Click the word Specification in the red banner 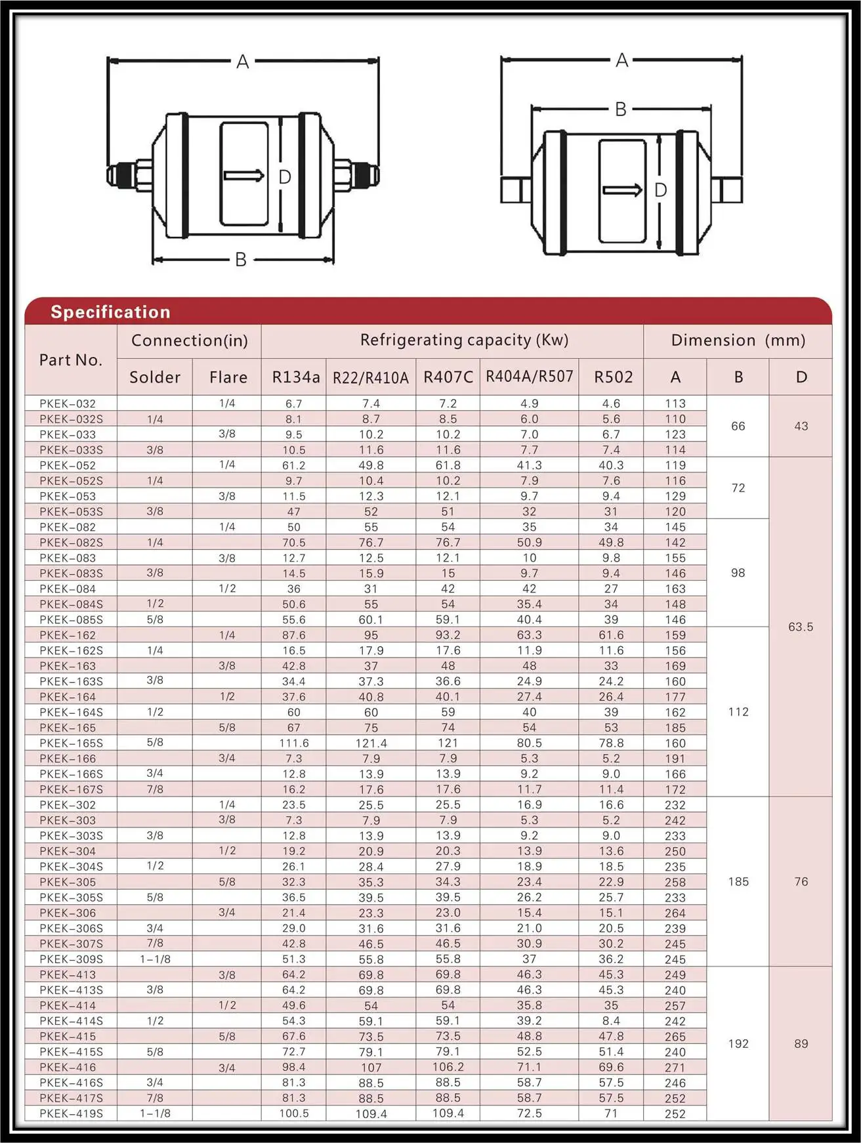point(110,312)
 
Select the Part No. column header point(71,360)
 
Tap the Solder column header point(155,377)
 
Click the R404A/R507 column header point(529,377)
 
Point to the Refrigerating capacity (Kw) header point(464,340)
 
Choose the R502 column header point(613,377)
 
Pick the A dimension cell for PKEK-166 point(675,759)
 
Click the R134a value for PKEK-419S point(294,1113)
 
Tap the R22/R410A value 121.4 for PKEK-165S point(371,743)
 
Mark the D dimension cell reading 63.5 point(801,627)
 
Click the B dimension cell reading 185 point(738,882)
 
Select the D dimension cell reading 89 point(801,1044)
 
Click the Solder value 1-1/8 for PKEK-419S point(155,1113)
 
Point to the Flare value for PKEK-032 point(227,404)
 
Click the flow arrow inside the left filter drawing point(243,175)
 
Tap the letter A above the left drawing point(242,62)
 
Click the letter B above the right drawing point(620,110)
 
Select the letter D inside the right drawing point(660,190)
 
